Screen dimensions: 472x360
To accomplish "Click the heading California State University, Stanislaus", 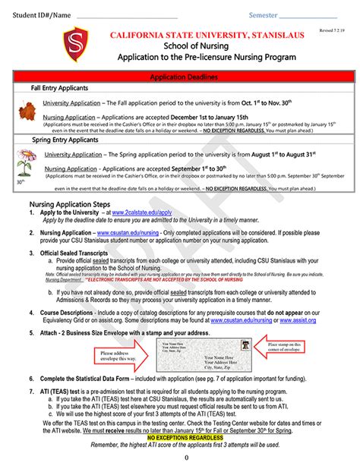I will point(207,35).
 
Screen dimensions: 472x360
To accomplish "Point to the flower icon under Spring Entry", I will point(26,162).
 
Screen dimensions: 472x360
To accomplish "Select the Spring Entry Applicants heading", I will point(66,140).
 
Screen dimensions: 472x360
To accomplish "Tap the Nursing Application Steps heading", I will point(70,205).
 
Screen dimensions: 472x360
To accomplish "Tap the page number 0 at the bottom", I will point(186,458).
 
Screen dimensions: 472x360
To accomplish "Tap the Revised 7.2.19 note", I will point(332,28).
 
